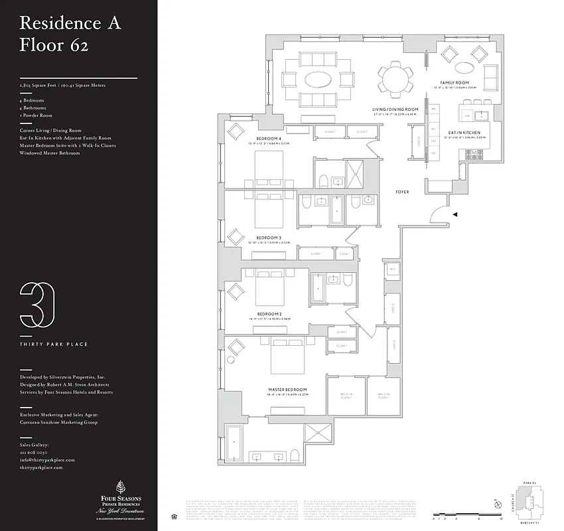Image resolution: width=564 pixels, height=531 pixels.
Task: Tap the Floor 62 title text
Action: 54,45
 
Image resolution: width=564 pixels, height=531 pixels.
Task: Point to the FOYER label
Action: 402,192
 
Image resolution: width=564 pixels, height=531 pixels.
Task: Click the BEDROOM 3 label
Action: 269,237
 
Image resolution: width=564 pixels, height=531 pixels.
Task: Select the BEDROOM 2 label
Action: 270,313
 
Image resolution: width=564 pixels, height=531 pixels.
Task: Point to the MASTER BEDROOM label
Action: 287,389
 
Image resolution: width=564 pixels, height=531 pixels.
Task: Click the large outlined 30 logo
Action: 37,305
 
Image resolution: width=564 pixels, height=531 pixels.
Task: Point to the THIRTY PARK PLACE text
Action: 45,344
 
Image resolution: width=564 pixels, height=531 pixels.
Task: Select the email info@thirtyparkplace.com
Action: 47,460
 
